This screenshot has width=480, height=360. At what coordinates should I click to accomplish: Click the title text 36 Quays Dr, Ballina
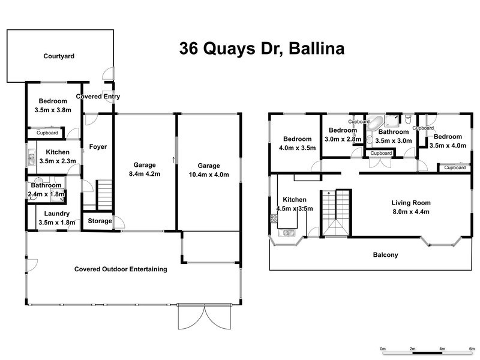click(262, 49)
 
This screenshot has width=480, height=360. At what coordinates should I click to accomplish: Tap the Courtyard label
click(59, 57)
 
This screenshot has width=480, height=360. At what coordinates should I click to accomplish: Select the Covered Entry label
click(98, 97)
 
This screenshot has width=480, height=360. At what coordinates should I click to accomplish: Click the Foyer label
click(98, 146)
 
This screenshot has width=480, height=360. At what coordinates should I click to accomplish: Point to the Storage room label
click(100, 221)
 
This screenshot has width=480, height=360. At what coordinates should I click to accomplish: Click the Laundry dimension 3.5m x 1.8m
click(56, 223)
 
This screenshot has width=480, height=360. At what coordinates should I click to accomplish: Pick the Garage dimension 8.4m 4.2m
click(145, 174)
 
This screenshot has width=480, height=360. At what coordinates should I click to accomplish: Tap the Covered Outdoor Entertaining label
click(120, 269)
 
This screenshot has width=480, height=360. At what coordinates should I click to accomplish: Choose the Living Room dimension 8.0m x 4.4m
click(411, 211)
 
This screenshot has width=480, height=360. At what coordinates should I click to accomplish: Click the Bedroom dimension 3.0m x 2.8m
click(343, 139)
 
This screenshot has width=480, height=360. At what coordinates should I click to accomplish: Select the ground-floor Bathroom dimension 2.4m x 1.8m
click(44, 194)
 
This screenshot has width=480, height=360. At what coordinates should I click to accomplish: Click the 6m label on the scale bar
click(472, 348)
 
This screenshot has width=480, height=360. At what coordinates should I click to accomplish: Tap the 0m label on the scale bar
click(383, 348)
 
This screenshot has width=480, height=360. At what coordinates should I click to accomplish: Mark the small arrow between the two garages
click(174, 160)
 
